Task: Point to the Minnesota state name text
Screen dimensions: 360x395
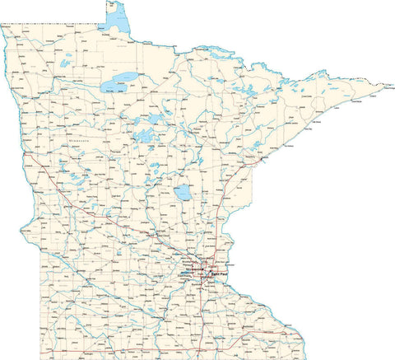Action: (x=82, y=141)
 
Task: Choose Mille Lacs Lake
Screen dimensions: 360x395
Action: (x=183, y=194)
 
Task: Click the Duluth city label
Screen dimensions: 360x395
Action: (x=249, y=169)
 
